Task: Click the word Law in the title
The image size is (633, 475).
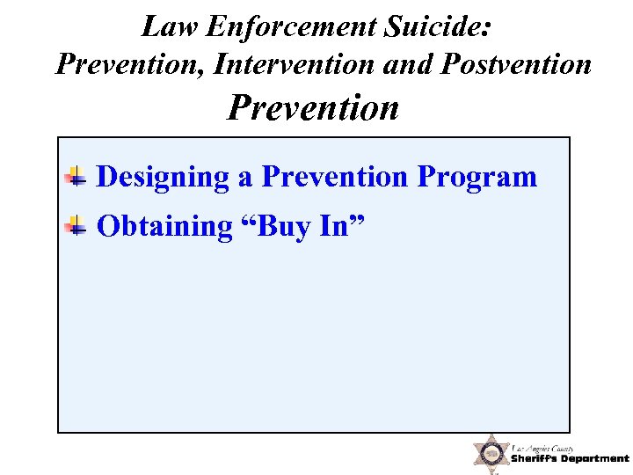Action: [165, 27]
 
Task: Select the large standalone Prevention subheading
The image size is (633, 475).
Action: [313, 108]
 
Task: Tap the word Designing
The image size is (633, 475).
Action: [163, 178]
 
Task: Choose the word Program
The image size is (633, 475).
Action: [477, 178]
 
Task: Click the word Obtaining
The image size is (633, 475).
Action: [164, 227]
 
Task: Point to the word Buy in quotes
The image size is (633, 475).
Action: [280, 227]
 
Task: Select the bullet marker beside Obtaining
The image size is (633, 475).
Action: [77, 227]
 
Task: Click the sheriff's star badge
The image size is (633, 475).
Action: [491, 455]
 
